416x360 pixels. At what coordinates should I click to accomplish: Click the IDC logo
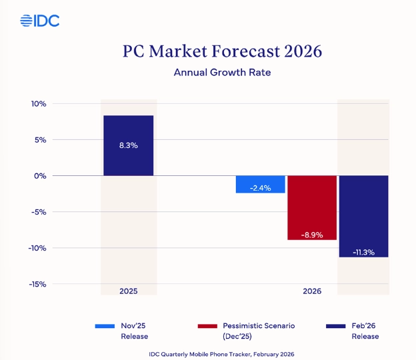tap(40, 21)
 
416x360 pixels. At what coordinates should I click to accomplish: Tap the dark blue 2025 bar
tap(129, 145)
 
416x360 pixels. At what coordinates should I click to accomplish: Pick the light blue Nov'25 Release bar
tap(261, 185)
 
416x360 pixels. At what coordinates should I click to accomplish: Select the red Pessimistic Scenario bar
tap(312, 207)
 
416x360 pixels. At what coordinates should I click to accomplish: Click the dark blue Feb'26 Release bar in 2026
tap(363, 216)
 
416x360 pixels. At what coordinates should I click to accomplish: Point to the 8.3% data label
tap(129, 145)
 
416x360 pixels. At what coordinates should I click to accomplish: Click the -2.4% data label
tap(260, 188)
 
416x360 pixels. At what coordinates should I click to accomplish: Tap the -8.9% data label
tap(312, 235)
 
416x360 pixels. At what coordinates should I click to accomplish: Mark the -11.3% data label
tap(363, 252)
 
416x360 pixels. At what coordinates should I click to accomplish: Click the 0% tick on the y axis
tap(39, 176)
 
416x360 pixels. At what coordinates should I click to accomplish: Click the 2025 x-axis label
tap(129, 292)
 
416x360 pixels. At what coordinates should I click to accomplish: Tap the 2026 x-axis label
tap(312, 292)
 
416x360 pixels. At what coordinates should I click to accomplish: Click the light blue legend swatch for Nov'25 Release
tap(105, 326)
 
